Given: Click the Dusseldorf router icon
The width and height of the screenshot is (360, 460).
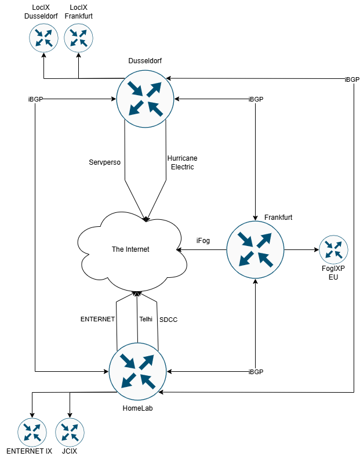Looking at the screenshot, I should pyautogui.click(x=145, y=98).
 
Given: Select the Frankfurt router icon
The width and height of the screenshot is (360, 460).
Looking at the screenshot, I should pyautogui.click(x=255, y=249).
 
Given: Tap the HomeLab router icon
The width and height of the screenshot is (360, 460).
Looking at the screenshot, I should pyautogui.click(x=137, y=372).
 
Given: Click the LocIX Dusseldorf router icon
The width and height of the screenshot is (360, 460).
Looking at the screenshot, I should pyautogui.click(x=43, y=38).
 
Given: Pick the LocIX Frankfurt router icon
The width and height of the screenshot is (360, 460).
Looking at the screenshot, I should pyautogui.click(x=78, y=38).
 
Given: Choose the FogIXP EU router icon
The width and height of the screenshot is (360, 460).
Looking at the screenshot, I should pyautogui.click(x=333, y=250).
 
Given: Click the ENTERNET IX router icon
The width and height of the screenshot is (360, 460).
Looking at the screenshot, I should pyautogui.click(x=32, y=432).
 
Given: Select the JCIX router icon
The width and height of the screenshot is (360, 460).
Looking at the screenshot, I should pyautogui.click(x=70, y=432).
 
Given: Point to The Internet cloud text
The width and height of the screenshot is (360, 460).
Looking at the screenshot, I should pyautogui.click(x=130, y=249).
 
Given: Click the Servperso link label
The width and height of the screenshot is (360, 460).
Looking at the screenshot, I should pyautogui.click(x=105, y=162).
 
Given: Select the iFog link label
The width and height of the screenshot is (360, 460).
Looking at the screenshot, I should pyautogui.click(x=203, y=241).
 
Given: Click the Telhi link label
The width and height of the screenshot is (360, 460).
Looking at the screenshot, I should pyautogui.click(x=146, y=319).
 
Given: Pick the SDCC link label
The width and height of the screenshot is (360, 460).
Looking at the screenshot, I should pyautogui.click(x=168, y=319).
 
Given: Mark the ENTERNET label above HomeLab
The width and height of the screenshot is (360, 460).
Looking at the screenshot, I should pyautogui.click(x=98, y=319).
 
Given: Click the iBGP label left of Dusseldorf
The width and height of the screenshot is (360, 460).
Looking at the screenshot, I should pyautogui.click(x=35, y=99).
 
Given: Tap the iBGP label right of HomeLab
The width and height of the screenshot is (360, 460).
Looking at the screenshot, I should pyautogui.click(x=256, y=371).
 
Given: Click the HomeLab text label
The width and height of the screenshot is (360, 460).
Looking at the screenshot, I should pyautogui.click(x=137, y=408).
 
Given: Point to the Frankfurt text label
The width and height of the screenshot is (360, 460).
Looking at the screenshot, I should pyautogui.click(x=278, y=217).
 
